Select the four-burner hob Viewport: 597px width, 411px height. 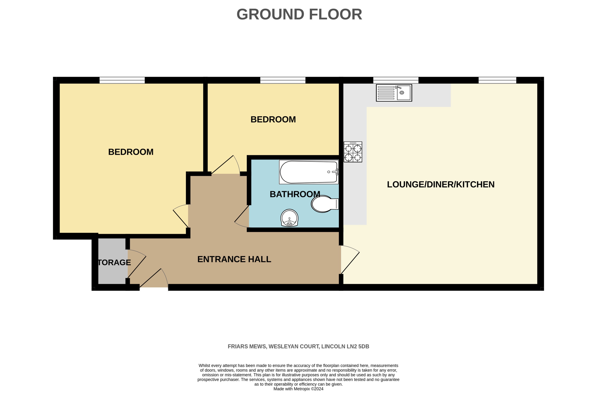click(x=353, y=152)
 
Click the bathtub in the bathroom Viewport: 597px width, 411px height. click(x=309, y=172)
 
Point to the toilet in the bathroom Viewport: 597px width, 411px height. click(x=324, y=204)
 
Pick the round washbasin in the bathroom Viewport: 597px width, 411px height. click(x=289, y=218)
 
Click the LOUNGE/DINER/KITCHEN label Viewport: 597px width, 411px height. click(x=440, y=184)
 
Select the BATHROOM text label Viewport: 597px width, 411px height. click(x=295, y=194)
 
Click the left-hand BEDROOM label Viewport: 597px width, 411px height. click(x=131, y=152)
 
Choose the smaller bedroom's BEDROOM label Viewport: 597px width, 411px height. click(x=273, y=120)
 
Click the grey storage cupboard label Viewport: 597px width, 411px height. click(x=114, y=262)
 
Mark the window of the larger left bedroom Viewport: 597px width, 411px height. click(x=122, y=80)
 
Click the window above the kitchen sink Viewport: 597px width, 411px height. click(x=396, y=80)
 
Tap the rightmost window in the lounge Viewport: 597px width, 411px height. click(x=497, y=80)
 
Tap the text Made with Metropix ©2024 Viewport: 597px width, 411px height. click(x=298, y=389)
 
